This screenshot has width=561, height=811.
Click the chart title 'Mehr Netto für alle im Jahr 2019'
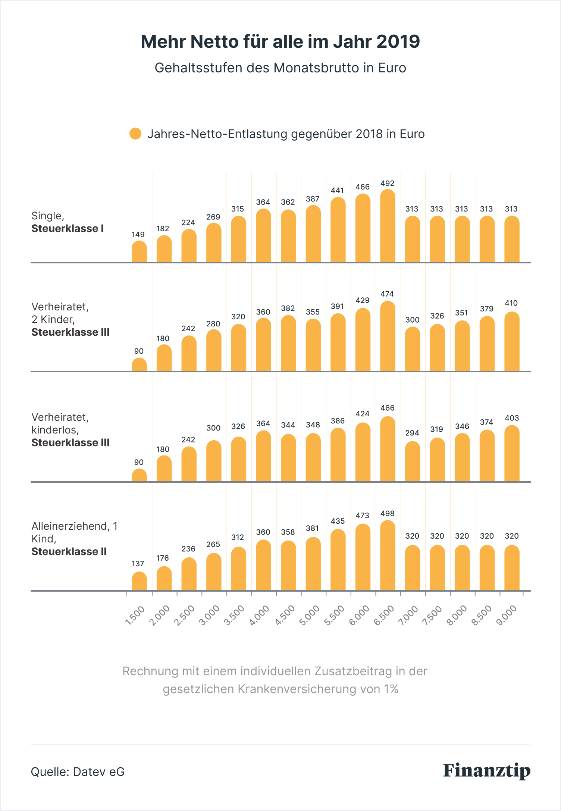pyautogui.click(x=280, y=41)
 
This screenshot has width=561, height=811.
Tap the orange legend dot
pyautogui.click(x=135, y=134)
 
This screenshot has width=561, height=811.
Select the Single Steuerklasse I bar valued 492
pyautogui.click(x=388, y=226)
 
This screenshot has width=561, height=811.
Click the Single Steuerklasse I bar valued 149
pyautogui.click(x=139, y=251)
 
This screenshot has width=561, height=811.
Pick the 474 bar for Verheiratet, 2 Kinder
pyautogui.click(x=388, y=336)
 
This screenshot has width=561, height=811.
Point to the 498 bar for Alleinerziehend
pyautogui.click(x=388, y=555)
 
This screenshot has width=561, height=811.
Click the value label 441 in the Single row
pyautogui.click(x=337, y=190)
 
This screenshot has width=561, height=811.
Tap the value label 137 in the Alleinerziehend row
pyautogui.click(x=138, y=564)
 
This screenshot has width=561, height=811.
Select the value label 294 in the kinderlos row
pyautogui.click(x=412, y=433)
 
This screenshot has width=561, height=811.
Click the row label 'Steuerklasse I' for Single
pyautogui.click(x=68, y=228)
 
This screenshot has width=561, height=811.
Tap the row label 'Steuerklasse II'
pyautogui.click(x=69, y=551)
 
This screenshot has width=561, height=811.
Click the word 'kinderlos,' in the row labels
pyautogui.click(x=55, y=430)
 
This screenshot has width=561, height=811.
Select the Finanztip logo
pyautogui.click(x=487, y=771)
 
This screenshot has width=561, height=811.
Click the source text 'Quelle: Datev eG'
pyautogui.click(x=78, y=771)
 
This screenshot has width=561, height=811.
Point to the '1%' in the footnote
pyautogui.click(x=391, y=689)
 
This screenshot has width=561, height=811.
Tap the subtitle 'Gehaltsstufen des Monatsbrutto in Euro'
pyautogui.click(x=280, y=68)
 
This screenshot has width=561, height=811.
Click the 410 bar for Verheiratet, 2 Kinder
pyautogui.click(x=512, y=341)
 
